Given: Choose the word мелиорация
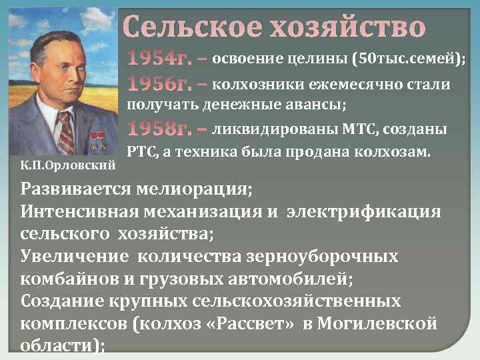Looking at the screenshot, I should point(194,189).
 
